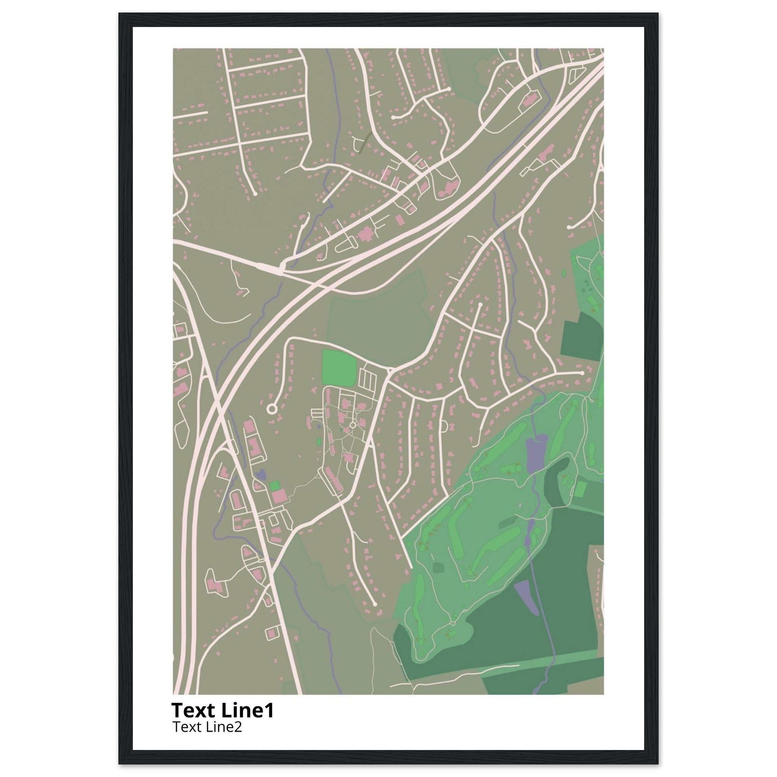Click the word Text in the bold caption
tap(194, 711)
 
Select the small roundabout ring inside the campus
tap(353, 425)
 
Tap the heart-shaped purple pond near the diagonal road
tap(261, 474)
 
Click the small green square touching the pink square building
tap(275, 485)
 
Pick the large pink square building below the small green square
tap(280, 496)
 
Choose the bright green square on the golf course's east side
tap(580, 489)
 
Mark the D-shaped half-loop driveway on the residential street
tap(444, 426)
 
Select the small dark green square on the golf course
tap(438, 568)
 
